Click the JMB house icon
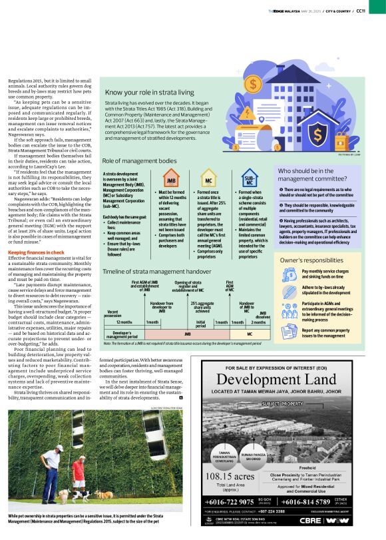click(x=170, y=180)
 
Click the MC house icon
click(x=209, y=180)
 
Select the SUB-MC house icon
click(x=249, y=180)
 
